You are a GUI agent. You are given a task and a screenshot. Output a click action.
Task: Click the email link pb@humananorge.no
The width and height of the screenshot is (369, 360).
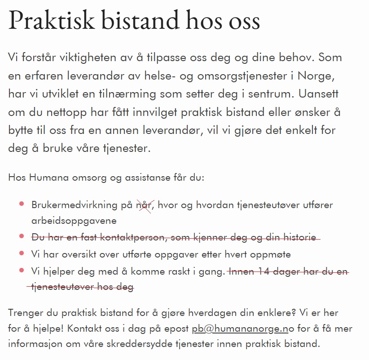(240, 329)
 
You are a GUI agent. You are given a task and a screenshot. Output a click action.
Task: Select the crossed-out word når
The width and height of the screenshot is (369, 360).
(144, 205)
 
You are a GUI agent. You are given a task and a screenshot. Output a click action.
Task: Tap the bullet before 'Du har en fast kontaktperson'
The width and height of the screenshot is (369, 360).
(21, 236)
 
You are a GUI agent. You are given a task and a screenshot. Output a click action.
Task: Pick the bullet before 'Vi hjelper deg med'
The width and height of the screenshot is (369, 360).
(21, 271)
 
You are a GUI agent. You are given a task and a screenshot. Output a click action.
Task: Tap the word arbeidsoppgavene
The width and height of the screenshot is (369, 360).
(74, 221)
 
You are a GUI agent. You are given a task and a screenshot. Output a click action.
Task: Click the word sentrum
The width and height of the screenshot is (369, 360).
(264, 94)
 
